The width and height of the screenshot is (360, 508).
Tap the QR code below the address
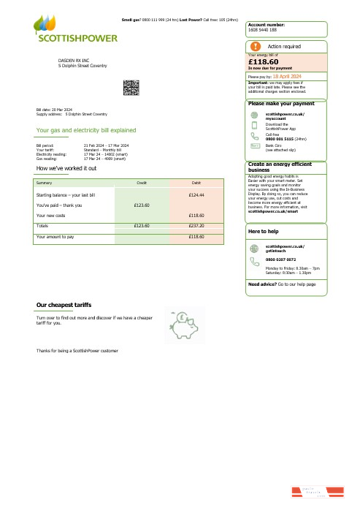pyautogui.click(x=131, y=88)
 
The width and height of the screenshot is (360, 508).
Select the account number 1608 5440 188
pyautogui.click(x=262, y=30)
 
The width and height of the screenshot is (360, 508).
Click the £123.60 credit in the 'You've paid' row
pyautogui.click(x=142, y=205)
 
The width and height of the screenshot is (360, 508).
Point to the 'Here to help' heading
pyautogui.click(x=264, y=232)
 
